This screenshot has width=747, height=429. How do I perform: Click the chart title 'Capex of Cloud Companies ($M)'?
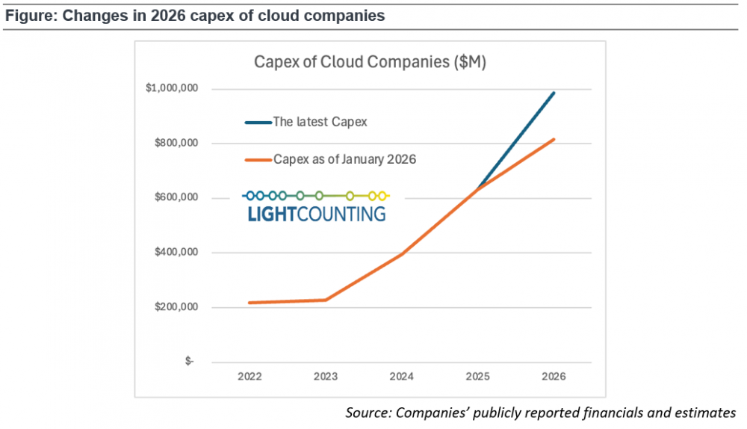(370, 62)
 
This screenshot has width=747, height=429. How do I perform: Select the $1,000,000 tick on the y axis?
(171, 89)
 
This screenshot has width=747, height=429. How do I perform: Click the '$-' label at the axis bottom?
(189, 362)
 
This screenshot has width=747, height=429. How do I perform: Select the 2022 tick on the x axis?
(249, 377)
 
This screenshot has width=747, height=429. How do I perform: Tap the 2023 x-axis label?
(326, 377)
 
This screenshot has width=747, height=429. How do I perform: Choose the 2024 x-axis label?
(402, 377)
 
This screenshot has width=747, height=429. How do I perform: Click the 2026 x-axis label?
(554, 377)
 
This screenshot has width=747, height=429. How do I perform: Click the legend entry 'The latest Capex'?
(320, 122)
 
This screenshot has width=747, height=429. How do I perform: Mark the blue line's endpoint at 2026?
(554, 93)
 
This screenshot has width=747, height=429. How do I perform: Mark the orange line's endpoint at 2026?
(554, 139)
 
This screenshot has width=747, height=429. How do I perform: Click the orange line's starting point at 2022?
(249, 303)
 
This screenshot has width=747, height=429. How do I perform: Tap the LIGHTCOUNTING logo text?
(316, 214)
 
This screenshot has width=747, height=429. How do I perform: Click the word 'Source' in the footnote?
(368, 413)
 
